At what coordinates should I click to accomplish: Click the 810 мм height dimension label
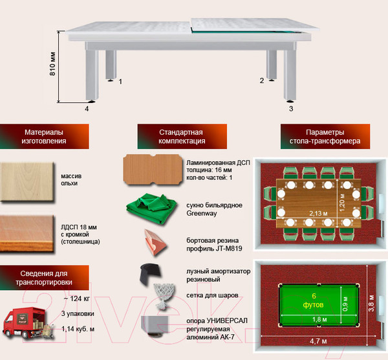(x=53, y=64)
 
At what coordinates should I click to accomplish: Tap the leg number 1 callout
(x=120, y=82)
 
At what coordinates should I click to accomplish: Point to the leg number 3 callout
(x=291, y=109)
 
